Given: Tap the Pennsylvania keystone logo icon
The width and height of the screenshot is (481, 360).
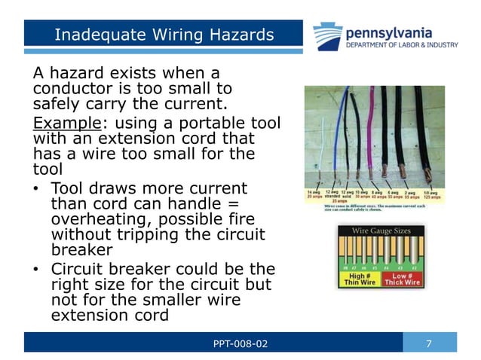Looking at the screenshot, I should pos(328,36).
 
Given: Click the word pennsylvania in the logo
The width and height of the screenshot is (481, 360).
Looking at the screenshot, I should pos(389,32).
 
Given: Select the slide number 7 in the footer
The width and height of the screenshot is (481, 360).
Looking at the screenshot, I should pos(429,344).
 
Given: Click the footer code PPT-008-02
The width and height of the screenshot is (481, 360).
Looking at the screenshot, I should pos(240,344).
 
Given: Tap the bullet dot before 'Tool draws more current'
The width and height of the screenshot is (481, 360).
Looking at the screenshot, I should pos(36,188).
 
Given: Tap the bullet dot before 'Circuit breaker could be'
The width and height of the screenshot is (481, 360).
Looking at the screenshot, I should pos(36,270).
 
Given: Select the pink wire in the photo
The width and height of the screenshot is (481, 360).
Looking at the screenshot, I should pos(369,136).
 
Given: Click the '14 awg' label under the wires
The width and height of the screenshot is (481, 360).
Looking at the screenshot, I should pos(314,194).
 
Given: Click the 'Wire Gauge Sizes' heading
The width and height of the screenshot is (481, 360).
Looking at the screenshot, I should pos(380,231).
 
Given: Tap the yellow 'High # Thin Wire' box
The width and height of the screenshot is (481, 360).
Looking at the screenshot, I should pos(358,279).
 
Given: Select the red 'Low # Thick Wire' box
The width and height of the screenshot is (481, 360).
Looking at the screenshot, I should pos(402,279).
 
